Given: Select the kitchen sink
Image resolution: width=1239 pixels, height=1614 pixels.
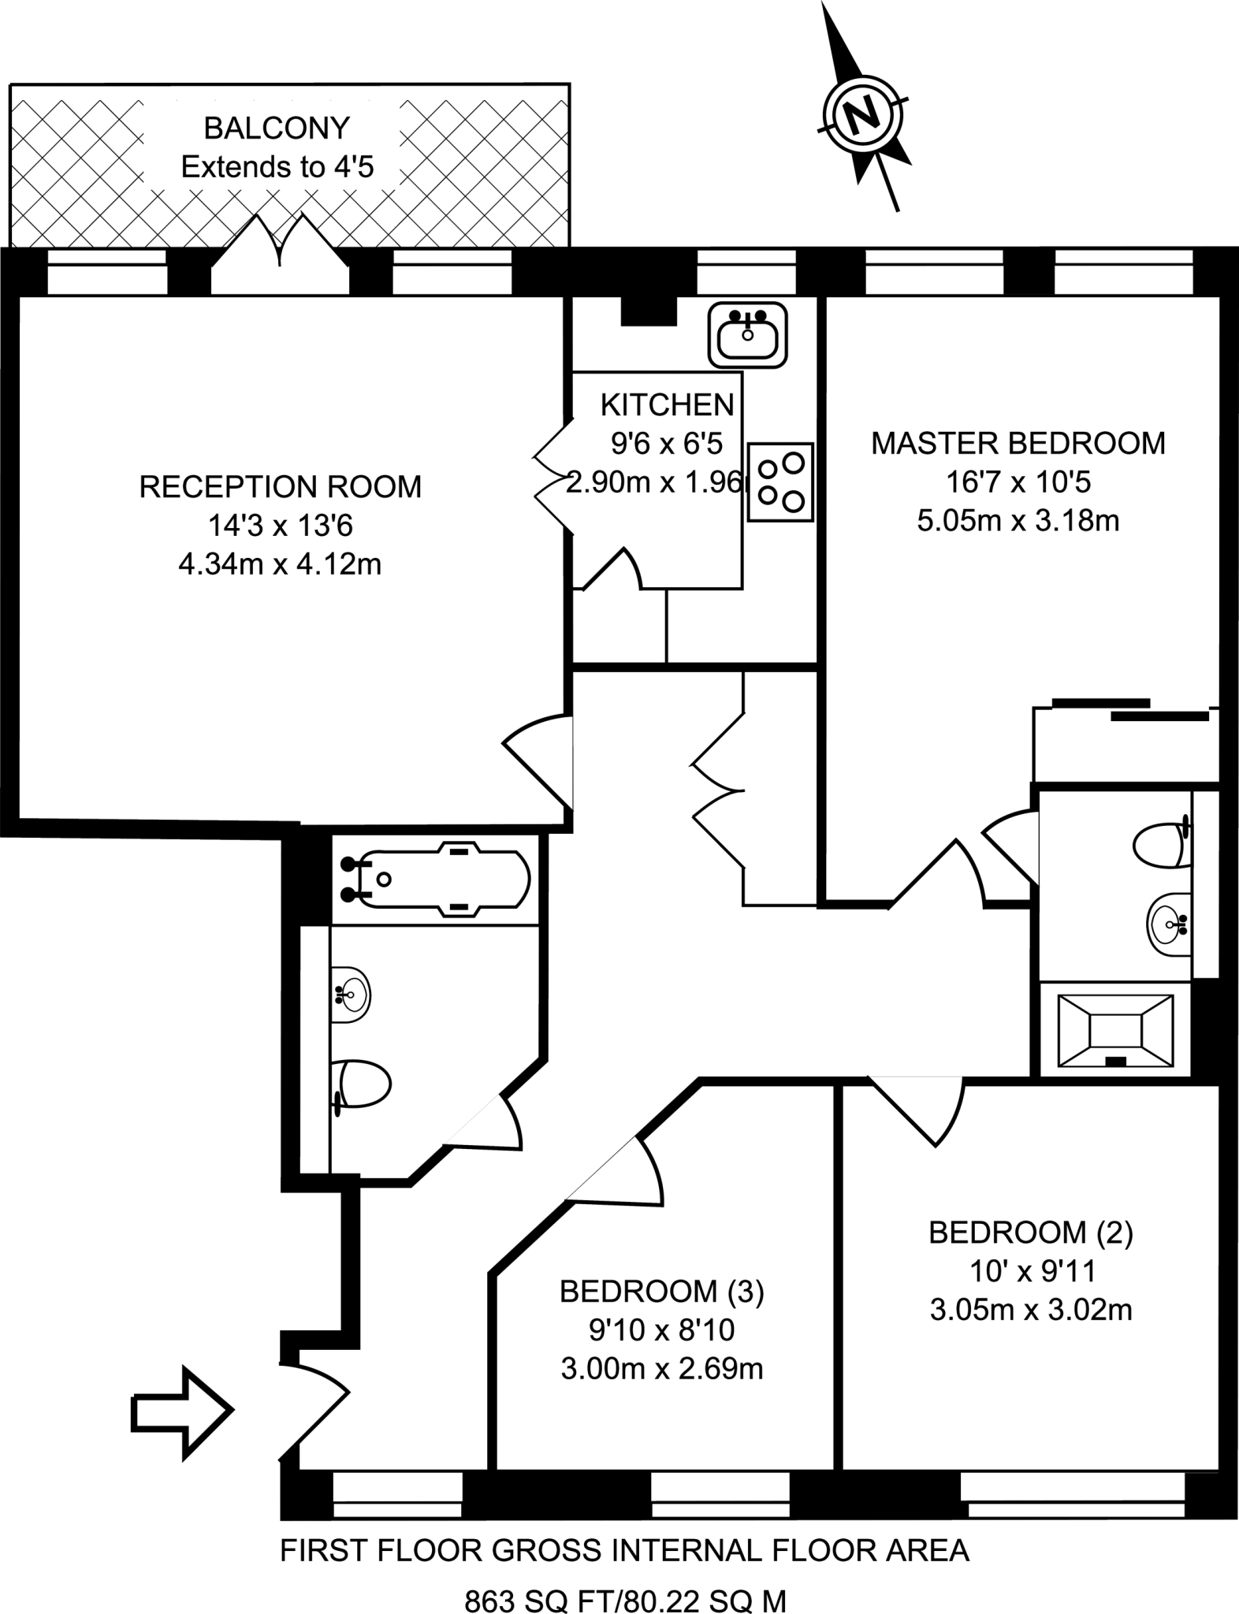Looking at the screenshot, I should (748, 335).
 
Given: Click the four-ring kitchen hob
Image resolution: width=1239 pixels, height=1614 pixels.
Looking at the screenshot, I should (780, 482).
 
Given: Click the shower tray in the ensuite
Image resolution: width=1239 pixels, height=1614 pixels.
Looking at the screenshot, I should (1114, 1029).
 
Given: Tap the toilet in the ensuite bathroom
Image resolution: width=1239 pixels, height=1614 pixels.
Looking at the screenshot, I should (1161, 845).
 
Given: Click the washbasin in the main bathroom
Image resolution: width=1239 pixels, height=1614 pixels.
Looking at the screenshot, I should (350, 995).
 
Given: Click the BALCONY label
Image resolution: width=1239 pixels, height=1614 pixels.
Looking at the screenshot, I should (277, 128).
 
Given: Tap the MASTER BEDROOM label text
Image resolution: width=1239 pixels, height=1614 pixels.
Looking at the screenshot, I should (1018, 444).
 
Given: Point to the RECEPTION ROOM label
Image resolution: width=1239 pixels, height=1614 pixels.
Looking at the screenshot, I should (281, 487).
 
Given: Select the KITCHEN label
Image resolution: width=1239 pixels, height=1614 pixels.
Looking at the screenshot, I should (667, 405).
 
